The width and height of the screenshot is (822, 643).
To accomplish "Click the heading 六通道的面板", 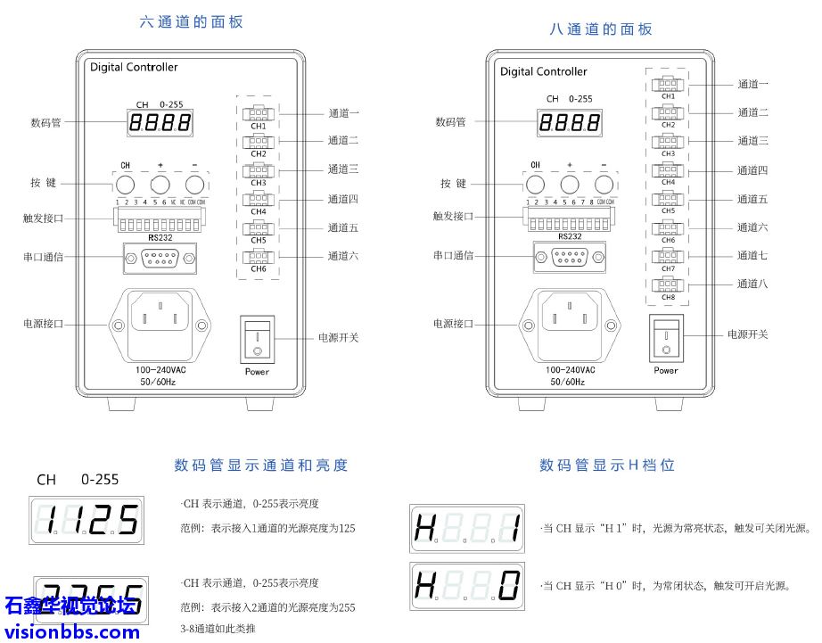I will tap(192, 22).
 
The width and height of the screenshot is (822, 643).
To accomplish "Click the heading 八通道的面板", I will tap(601, 29).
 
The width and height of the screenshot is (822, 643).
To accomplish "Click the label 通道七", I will tap(752, 256).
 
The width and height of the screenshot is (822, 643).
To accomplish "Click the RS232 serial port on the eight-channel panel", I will tap(570, 259).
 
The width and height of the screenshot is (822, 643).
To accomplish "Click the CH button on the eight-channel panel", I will tap(536, 185).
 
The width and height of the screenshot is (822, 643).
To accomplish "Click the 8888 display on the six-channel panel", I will tap(160, 124).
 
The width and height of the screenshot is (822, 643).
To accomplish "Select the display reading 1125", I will tap(86, 519).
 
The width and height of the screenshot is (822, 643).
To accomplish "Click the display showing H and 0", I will tap(467, 586).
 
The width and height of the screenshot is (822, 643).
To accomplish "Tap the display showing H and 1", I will tap(467, 528).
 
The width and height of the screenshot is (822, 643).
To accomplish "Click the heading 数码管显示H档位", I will tap(606, 465).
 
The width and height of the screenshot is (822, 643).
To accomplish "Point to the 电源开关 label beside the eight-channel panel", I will tap(747, 334).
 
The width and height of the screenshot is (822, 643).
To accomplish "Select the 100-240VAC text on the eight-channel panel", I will tap(570, 369).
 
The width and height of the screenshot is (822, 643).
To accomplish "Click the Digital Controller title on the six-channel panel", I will tap(134, 67).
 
